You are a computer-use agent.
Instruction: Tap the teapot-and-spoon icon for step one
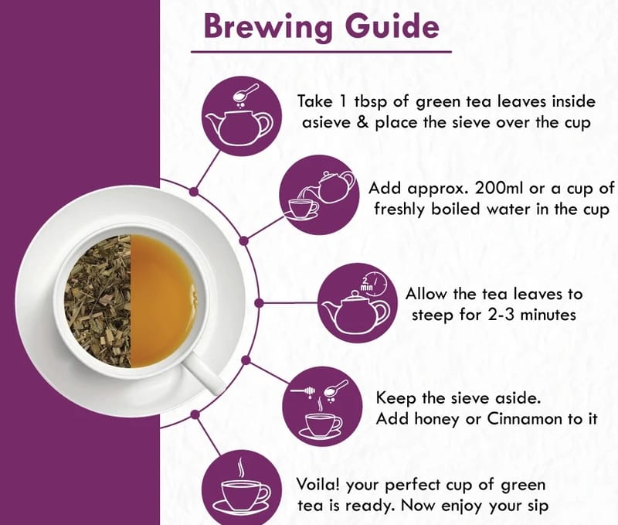pyautogui.click(x=242, y=116)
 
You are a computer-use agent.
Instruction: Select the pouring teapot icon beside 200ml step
pyautogui.click(x=320, y=195)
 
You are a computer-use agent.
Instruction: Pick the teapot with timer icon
pyautogui.click(x=358, y=303)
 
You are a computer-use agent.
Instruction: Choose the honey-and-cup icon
pyautogui.click(x=323, y=406)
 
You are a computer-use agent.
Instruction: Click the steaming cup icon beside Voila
pyautogui.click(x=242, y=489)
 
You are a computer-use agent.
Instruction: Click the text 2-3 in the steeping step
pyautogui.click(x=501, y=315)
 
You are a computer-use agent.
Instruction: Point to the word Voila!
pyautogui.click(x=318, y=484)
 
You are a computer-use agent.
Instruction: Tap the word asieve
pyautogui.click(x=326, y=123)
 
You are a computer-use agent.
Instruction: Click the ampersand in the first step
pyautogui.click(x=362, y=122)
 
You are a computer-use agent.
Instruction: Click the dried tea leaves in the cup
pyautogui.click(x=98, y=302)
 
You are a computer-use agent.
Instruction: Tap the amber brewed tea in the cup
pyautogui.click(x=162, y=302)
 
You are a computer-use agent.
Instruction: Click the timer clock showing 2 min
pyautogui.click(x=372, y=283)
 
